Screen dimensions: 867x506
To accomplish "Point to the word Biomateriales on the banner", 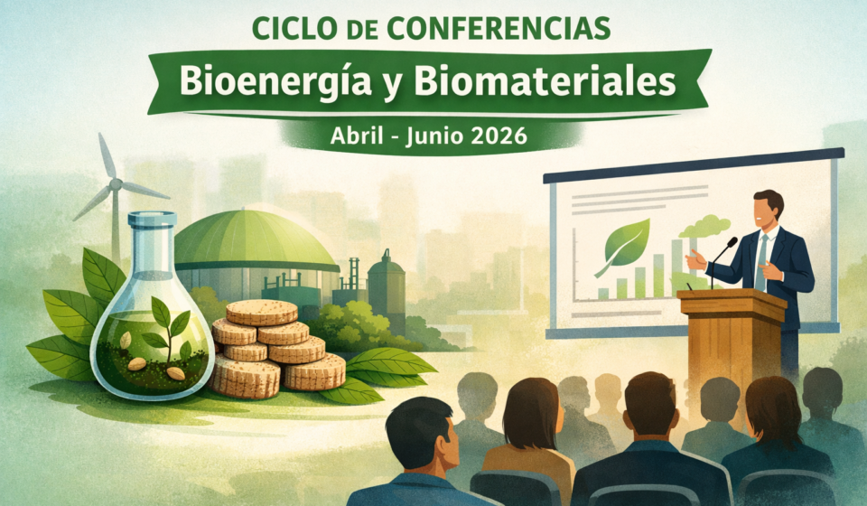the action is pos(545,82).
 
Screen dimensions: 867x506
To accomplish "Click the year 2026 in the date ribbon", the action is pos(499,136).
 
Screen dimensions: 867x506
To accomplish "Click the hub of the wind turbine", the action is pos(115,184).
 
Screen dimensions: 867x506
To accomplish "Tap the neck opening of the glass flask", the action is pos(152,219).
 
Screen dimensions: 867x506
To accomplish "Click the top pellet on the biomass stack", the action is pos(261,313).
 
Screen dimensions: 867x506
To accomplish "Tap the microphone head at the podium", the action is pos(732,242).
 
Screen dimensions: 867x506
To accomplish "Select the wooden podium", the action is pos(732,342).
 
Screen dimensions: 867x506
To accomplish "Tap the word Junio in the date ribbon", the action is pos(433,136).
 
